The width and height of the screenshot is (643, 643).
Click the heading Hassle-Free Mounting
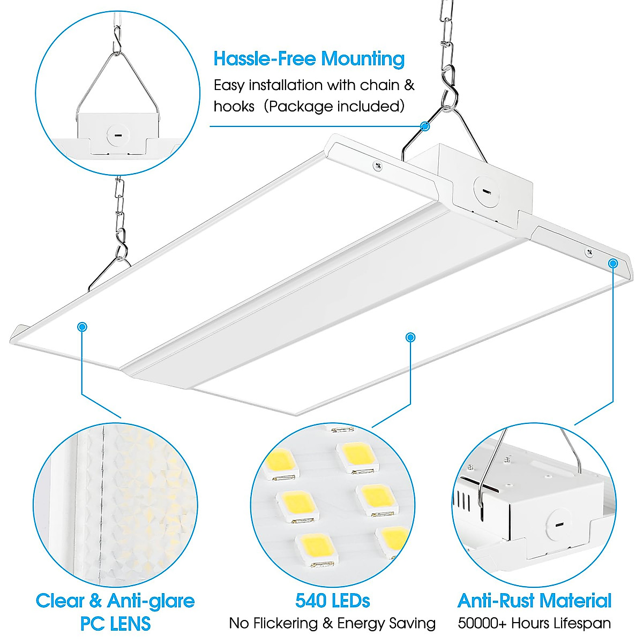[309, 59]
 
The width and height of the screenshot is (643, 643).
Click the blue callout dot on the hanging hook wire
[425, 126]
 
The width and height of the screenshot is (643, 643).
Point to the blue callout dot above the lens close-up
[82, 326]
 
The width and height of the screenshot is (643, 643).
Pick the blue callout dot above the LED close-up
[410, 337]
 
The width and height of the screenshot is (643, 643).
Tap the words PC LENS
[115, 623]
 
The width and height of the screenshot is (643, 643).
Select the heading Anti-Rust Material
[534, 601]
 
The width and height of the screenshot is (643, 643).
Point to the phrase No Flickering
[273, 623]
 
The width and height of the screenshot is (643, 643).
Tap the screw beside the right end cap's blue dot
[589, 251]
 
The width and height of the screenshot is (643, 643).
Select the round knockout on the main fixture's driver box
[485, 190]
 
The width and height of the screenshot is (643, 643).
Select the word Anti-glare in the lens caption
[151, 601]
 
